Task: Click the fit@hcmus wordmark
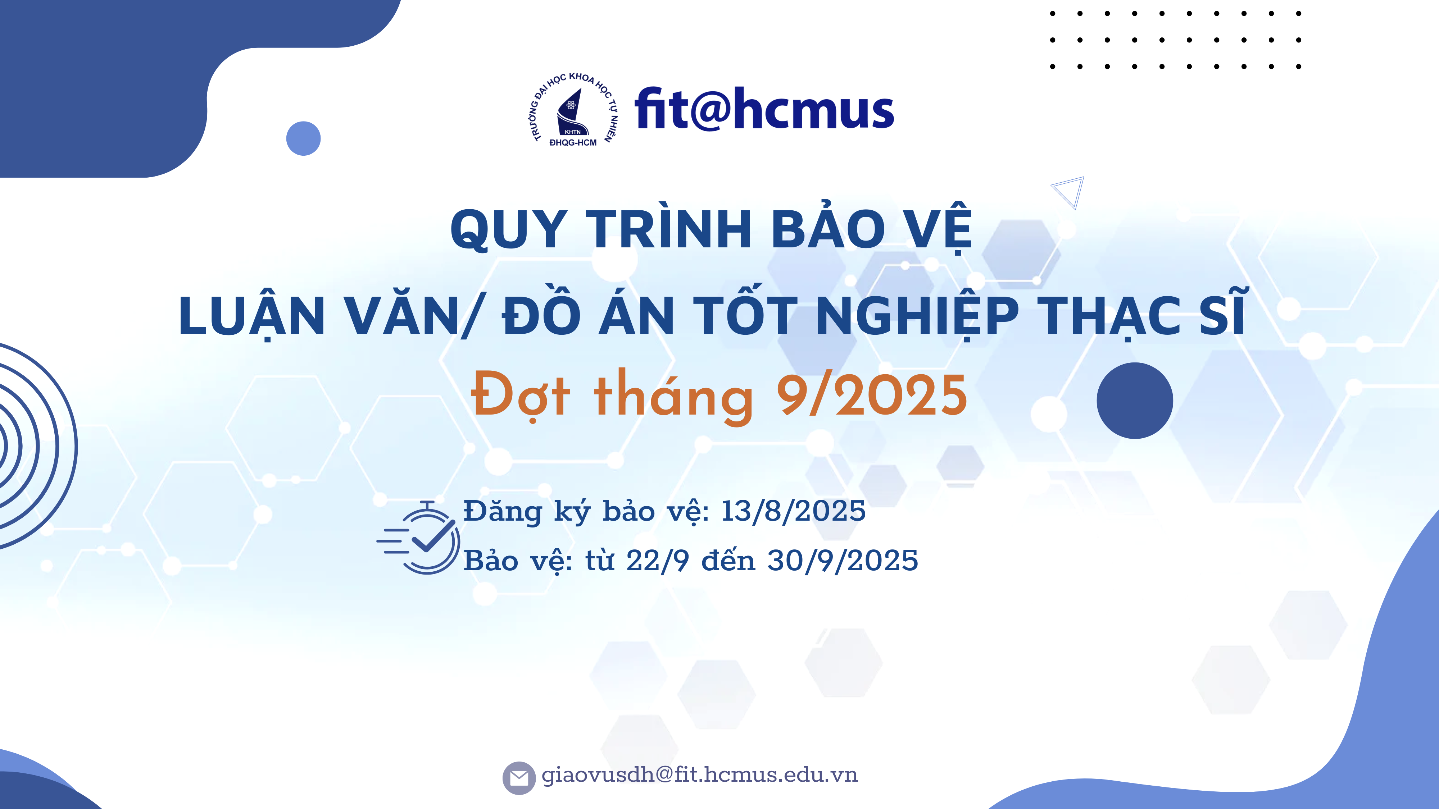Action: pos(764,109)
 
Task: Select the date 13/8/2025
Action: pos(793,511)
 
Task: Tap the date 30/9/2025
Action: pos(843,560)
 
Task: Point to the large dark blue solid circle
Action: pos(1135,400)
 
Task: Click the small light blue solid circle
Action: pos(303,138)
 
